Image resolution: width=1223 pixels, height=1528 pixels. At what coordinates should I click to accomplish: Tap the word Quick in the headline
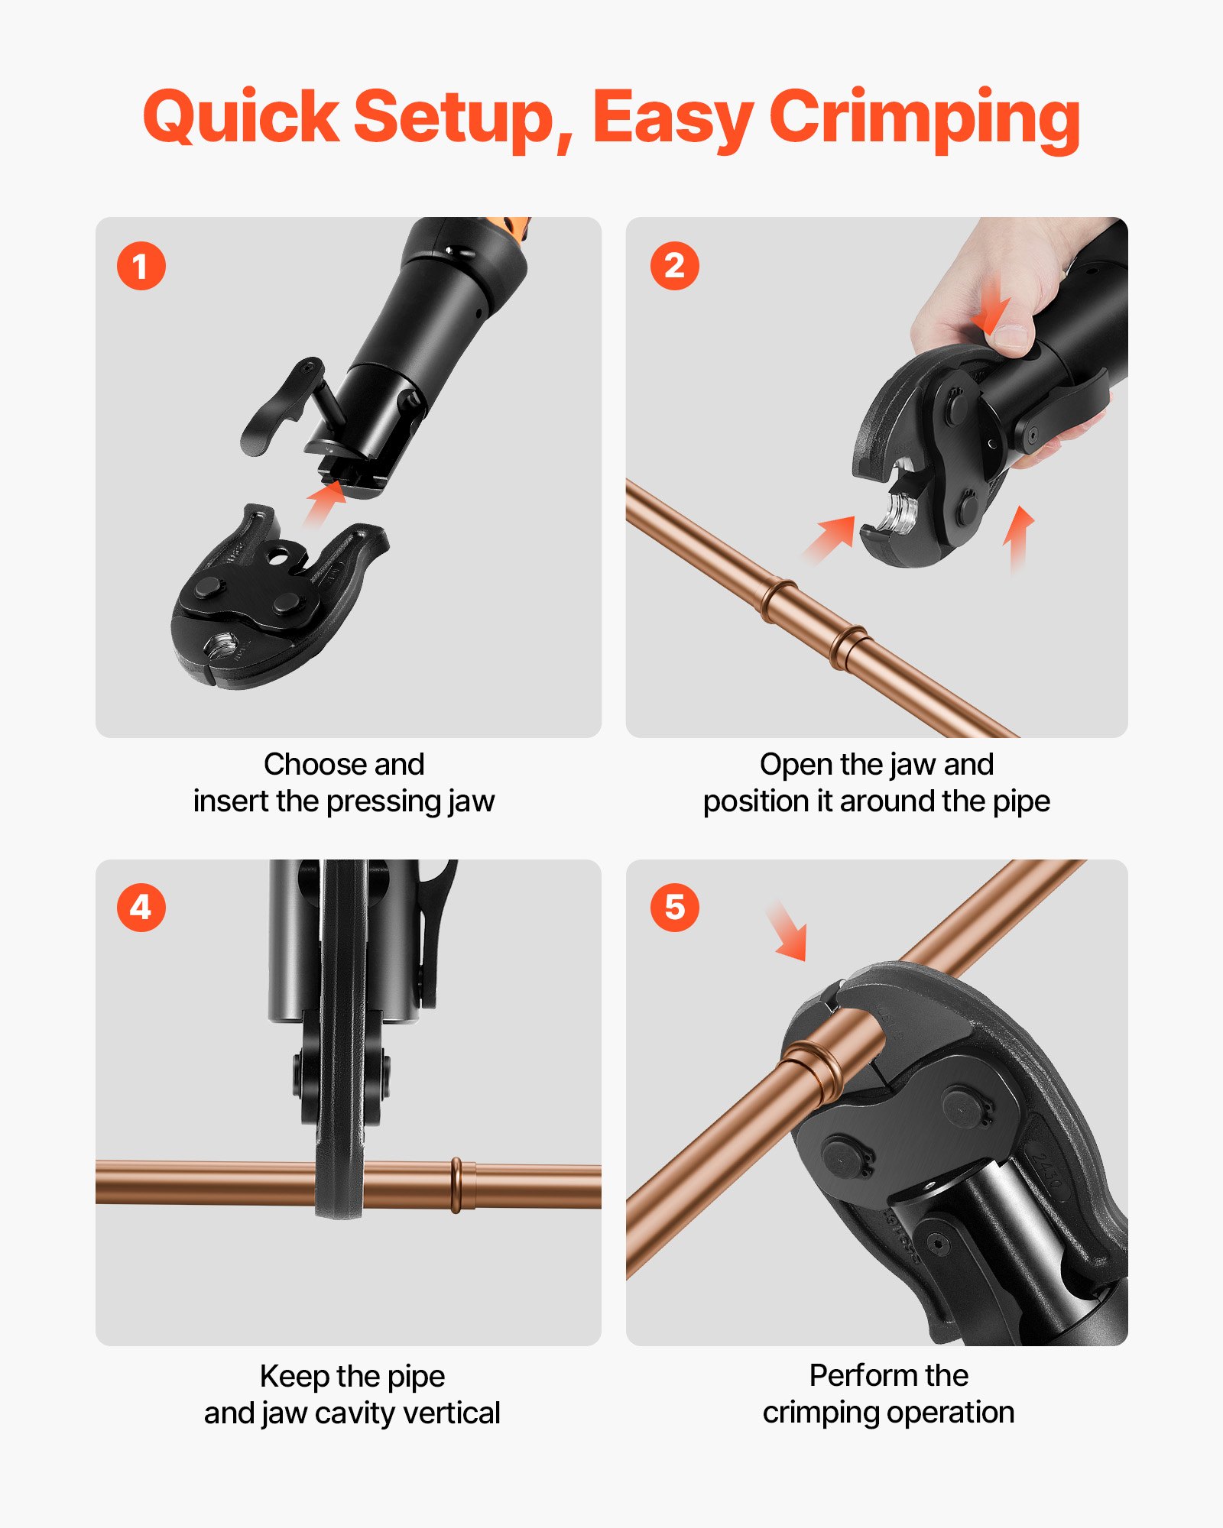point(241,118)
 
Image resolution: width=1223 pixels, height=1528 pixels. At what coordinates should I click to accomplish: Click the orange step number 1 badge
point(141,266)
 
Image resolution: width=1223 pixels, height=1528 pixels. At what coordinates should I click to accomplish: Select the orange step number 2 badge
point(674,266)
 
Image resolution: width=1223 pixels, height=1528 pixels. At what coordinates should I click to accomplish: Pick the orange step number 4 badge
point(141,908)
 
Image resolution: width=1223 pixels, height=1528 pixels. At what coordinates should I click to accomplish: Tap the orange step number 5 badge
point(674,908)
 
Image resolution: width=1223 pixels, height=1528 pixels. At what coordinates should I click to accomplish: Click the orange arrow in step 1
point(326,502)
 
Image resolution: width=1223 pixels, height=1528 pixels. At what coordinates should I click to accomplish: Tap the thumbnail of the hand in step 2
point(1013,336)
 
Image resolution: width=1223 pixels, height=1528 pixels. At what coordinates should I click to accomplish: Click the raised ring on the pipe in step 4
point(456,1185)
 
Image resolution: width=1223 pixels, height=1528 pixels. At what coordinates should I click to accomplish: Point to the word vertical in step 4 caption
point(452,1413)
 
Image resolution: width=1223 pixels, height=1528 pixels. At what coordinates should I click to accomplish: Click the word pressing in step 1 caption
point(384,802)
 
